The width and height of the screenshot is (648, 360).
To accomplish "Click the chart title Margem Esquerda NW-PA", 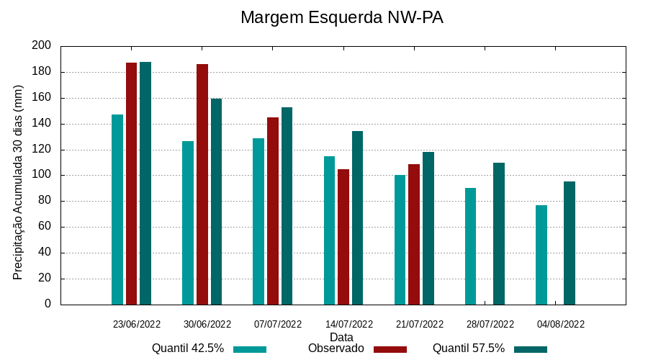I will pyautogui.click(x=341, y=17).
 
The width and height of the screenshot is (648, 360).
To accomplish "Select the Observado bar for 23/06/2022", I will pyautogui.click(x=131, y=184).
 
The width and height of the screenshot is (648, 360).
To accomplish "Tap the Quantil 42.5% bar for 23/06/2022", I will pyautogui.click(x=117, y=210).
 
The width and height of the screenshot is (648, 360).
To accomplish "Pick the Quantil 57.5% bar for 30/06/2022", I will pyautogui.click(x=216, y=202).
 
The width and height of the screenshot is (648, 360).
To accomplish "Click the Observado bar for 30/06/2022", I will pyautogui.click(x=202, y=184).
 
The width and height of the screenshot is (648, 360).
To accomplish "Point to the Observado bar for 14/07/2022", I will pyautogui.click(x=343, y=237).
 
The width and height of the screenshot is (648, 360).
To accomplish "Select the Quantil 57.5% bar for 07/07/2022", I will pyautogui.click(x=287, y=206).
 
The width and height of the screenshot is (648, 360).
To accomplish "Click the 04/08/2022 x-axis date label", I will pyautogui.click(x=561, y=324).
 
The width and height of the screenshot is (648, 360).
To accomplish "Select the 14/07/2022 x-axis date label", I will pyautogui.click(x=349, y=324).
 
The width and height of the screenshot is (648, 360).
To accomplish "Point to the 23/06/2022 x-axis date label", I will pyautogui.click(x=137, y=324).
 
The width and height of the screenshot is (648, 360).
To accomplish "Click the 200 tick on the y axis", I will pyautogui.click(x=42, y=46).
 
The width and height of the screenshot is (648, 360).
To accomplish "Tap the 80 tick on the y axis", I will pyautogui.click(x=45, y=201).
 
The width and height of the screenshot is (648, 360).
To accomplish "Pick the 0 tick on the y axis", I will pyautogui.click(x=48, y=304).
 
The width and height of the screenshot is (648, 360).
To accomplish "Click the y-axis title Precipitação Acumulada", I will pyautogui.click(x=19, y=182).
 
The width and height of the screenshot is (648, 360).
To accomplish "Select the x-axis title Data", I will pyautogui.click(x=341, y=337).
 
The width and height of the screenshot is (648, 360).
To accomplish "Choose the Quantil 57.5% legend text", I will pyautogui.click(x=469, y=348).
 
